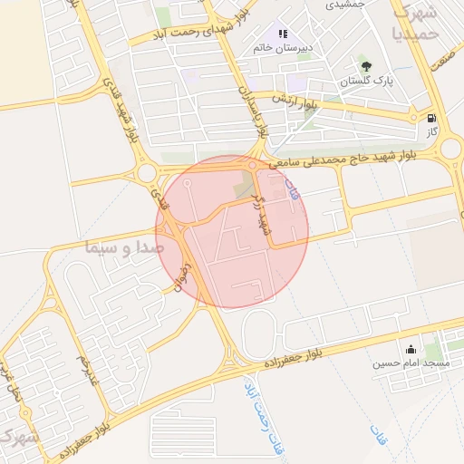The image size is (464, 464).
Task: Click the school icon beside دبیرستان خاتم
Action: click(x=283, y=34)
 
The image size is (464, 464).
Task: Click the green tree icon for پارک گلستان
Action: click(x=367, y=66)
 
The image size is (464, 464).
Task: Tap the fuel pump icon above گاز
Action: click(x=430, y=117)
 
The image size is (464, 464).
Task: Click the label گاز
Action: click(x=433, y=131)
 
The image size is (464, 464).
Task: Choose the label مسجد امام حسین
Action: click(x=411, y=364)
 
